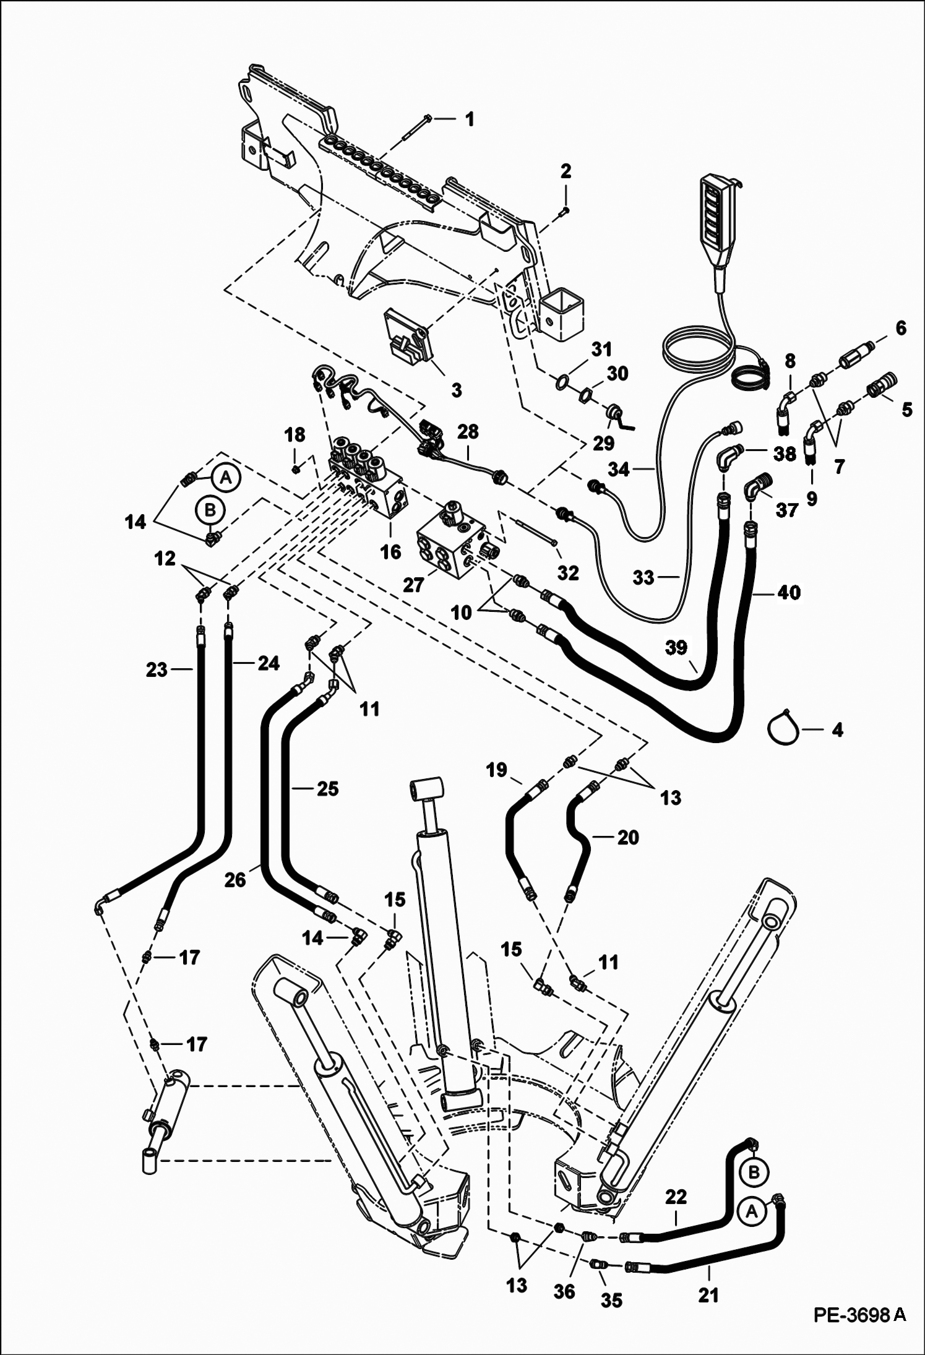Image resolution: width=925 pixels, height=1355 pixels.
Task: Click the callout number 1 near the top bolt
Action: (470, 119)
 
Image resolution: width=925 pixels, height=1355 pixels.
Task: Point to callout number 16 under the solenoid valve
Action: (390, 551)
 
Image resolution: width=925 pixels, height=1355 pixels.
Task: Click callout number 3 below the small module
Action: (455, 390)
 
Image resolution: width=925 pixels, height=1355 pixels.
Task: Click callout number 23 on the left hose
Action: (157, 669)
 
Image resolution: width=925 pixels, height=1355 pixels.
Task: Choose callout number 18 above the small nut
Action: (295, 435)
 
